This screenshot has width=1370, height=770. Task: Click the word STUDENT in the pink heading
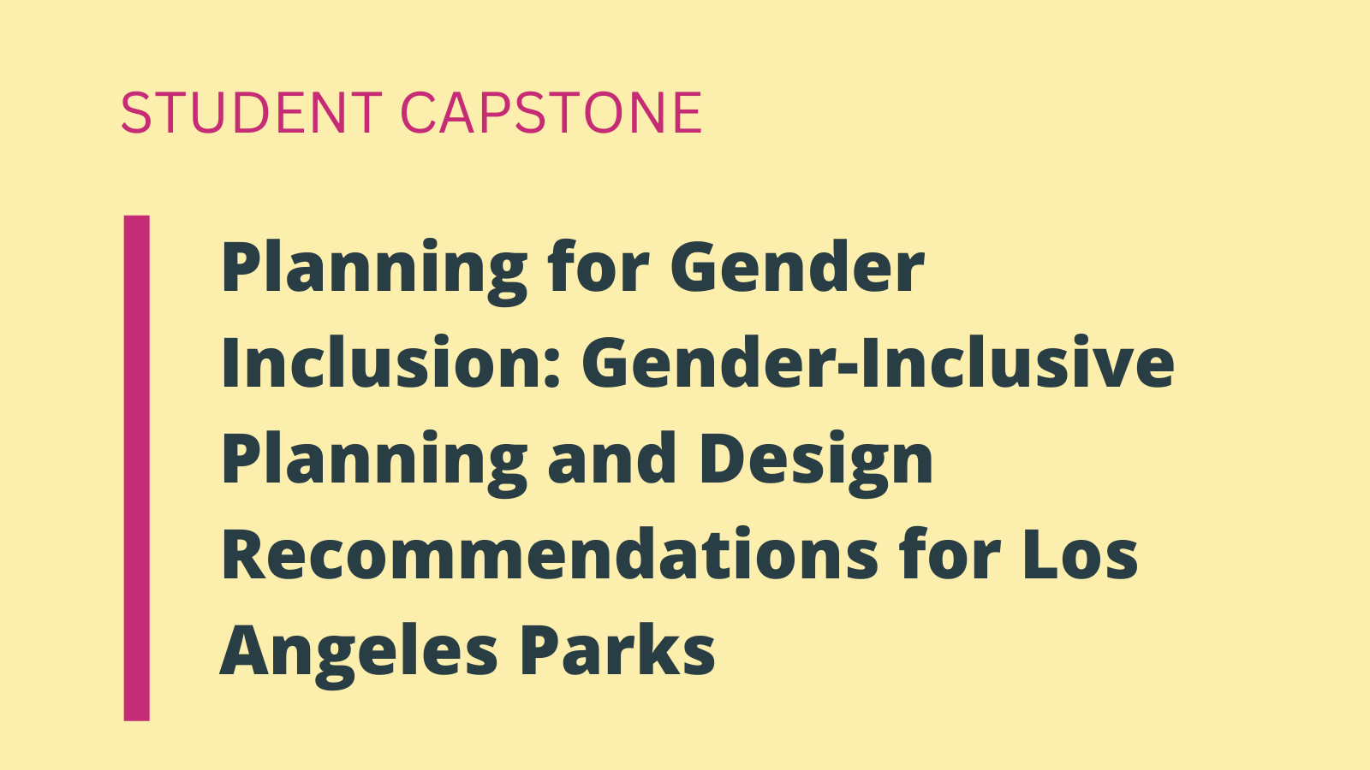click(x=252, y=112)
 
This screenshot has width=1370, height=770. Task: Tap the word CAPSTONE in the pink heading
click(x=551, y=112)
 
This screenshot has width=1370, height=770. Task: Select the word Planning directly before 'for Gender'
click(x=373, y=272)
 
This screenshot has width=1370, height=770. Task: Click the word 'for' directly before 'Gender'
click(x=599, y=266)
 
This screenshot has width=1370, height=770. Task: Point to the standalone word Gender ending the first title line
click(x=797, y=266)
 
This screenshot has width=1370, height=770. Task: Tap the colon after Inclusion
click(x=553, y=369)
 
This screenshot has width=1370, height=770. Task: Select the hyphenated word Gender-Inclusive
click(x=878, y=362)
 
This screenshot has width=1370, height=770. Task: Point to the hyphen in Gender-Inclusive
click(x=846, y=370)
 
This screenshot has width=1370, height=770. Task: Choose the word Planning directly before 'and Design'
click(x=373, y=463)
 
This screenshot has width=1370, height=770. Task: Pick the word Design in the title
click(x=815, y=463)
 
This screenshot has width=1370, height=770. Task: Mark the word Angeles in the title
click(x=359, y=654)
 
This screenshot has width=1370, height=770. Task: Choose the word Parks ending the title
click(x=616, y=649)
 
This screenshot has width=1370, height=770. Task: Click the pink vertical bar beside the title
click(x=136, y=468)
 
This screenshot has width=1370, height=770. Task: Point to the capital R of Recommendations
click(x=244, y=554)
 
